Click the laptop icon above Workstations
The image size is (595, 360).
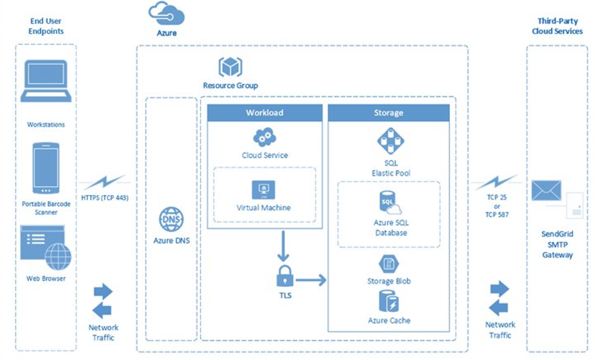(x=46, y=81)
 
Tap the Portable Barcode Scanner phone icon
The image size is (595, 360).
(x=46, y=168)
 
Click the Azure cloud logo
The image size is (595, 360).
(x=166, y=13)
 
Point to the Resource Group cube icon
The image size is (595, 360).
(x=230, y=67)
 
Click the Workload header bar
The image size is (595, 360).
(x=264, y=112)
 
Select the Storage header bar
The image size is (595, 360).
(x=388, y=112)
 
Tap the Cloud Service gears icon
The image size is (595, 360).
(x=264, y=137)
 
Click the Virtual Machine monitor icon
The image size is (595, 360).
(x=264, y=189)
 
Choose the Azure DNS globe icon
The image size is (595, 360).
(x=171, y=221)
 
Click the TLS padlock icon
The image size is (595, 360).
(x=285, y=276)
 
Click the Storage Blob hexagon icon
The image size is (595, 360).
(x=389, y=264)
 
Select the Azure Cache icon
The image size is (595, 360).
(x=389, y=302)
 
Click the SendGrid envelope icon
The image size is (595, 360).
(x=546, y=190)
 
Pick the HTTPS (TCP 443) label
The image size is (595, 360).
(x=105, y=199)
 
